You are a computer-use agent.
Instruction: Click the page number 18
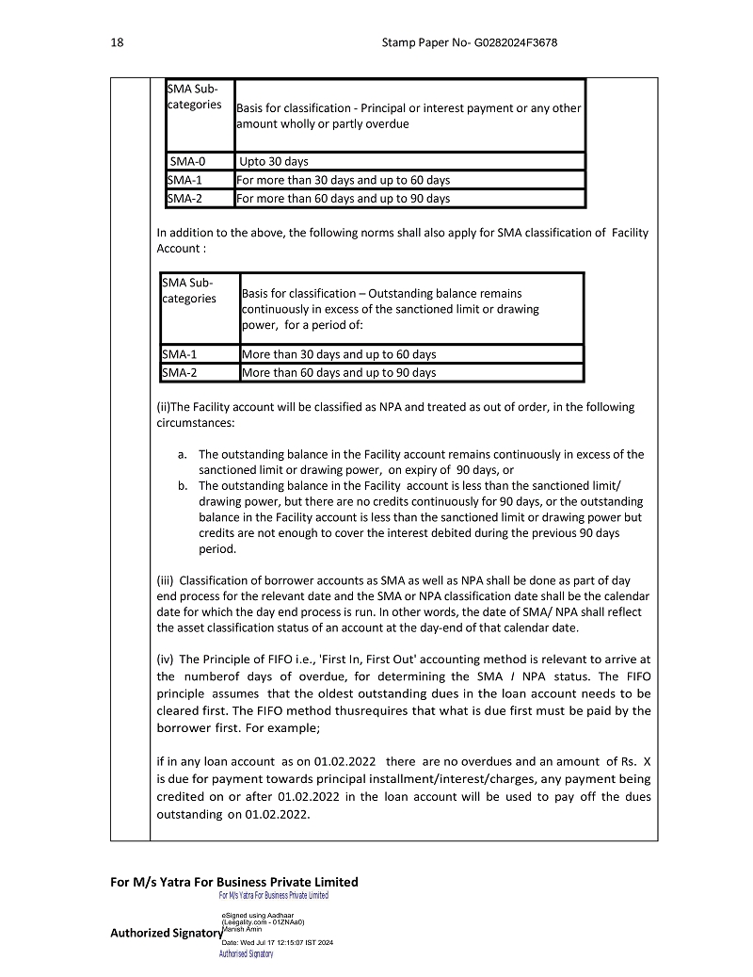pyautogui.click(x=117, y=43)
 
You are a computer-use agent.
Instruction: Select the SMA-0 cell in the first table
pyautogui.click(x=188, y=161)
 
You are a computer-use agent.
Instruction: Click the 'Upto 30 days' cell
pyautogui.click(x=274, y=161)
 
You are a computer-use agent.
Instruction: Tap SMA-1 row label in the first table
pyautogui.click(x=185, y=180)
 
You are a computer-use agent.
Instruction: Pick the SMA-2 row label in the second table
pyautogui.click(x=180, y=372)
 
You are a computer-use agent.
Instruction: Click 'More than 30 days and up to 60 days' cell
pyautogui.click(x=339, y=354)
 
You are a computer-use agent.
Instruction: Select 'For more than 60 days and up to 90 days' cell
pyautogui.click(x=343, y=198)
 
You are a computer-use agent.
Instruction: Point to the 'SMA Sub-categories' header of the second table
pyautogui.click(x=188, y=290)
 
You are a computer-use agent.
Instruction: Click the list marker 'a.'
pyautogui.click(x=183, y=454)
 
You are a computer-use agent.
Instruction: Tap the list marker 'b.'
pyautogui.click(x=183, y=485)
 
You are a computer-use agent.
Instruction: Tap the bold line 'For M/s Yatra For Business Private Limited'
pyautogui.click(x=234, y=882)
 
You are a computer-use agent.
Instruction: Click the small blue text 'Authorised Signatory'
pyautogui.click(x=246, y=954)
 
